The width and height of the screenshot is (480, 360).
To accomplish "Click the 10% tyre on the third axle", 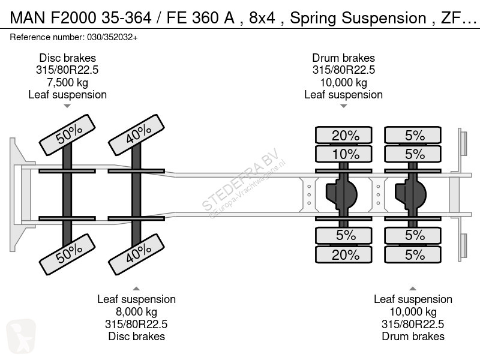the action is point(343,154).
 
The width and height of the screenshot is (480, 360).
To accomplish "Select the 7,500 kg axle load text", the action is point(67,82).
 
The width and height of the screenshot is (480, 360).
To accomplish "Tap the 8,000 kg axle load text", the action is point(137,311).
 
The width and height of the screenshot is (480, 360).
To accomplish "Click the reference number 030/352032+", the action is point(112,37).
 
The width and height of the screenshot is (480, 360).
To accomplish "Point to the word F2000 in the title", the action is point(73,17).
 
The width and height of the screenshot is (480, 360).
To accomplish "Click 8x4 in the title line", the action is point(262,17).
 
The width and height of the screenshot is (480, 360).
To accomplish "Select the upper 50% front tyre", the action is point(67,134).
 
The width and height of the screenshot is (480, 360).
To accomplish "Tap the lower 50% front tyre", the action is point(67,254).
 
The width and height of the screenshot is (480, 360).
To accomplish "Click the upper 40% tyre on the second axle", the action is point(137,134).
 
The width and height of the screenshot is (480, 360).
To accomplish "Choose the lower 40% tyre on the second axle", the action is point(137,254).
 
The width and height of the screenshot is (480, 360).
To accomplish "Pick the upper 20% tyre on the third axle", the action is point(343,135).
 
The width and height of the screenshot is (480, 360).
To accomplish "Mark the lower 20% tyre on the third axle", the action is point(343,254).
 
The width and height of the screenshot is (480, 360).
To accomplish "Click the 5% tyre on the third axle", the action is point(343,235).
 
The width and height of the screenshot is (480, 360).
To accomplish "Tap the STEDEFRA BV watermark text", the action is point(240,179).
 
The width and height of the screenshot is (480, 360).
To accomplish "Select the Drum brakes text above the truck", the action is point(343,58).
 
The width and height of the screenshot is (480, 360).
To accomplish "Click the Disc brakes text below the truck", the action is point(137,337).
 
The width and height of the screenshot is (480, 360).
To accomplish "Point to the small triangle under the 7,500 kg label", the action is point(67,106).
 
